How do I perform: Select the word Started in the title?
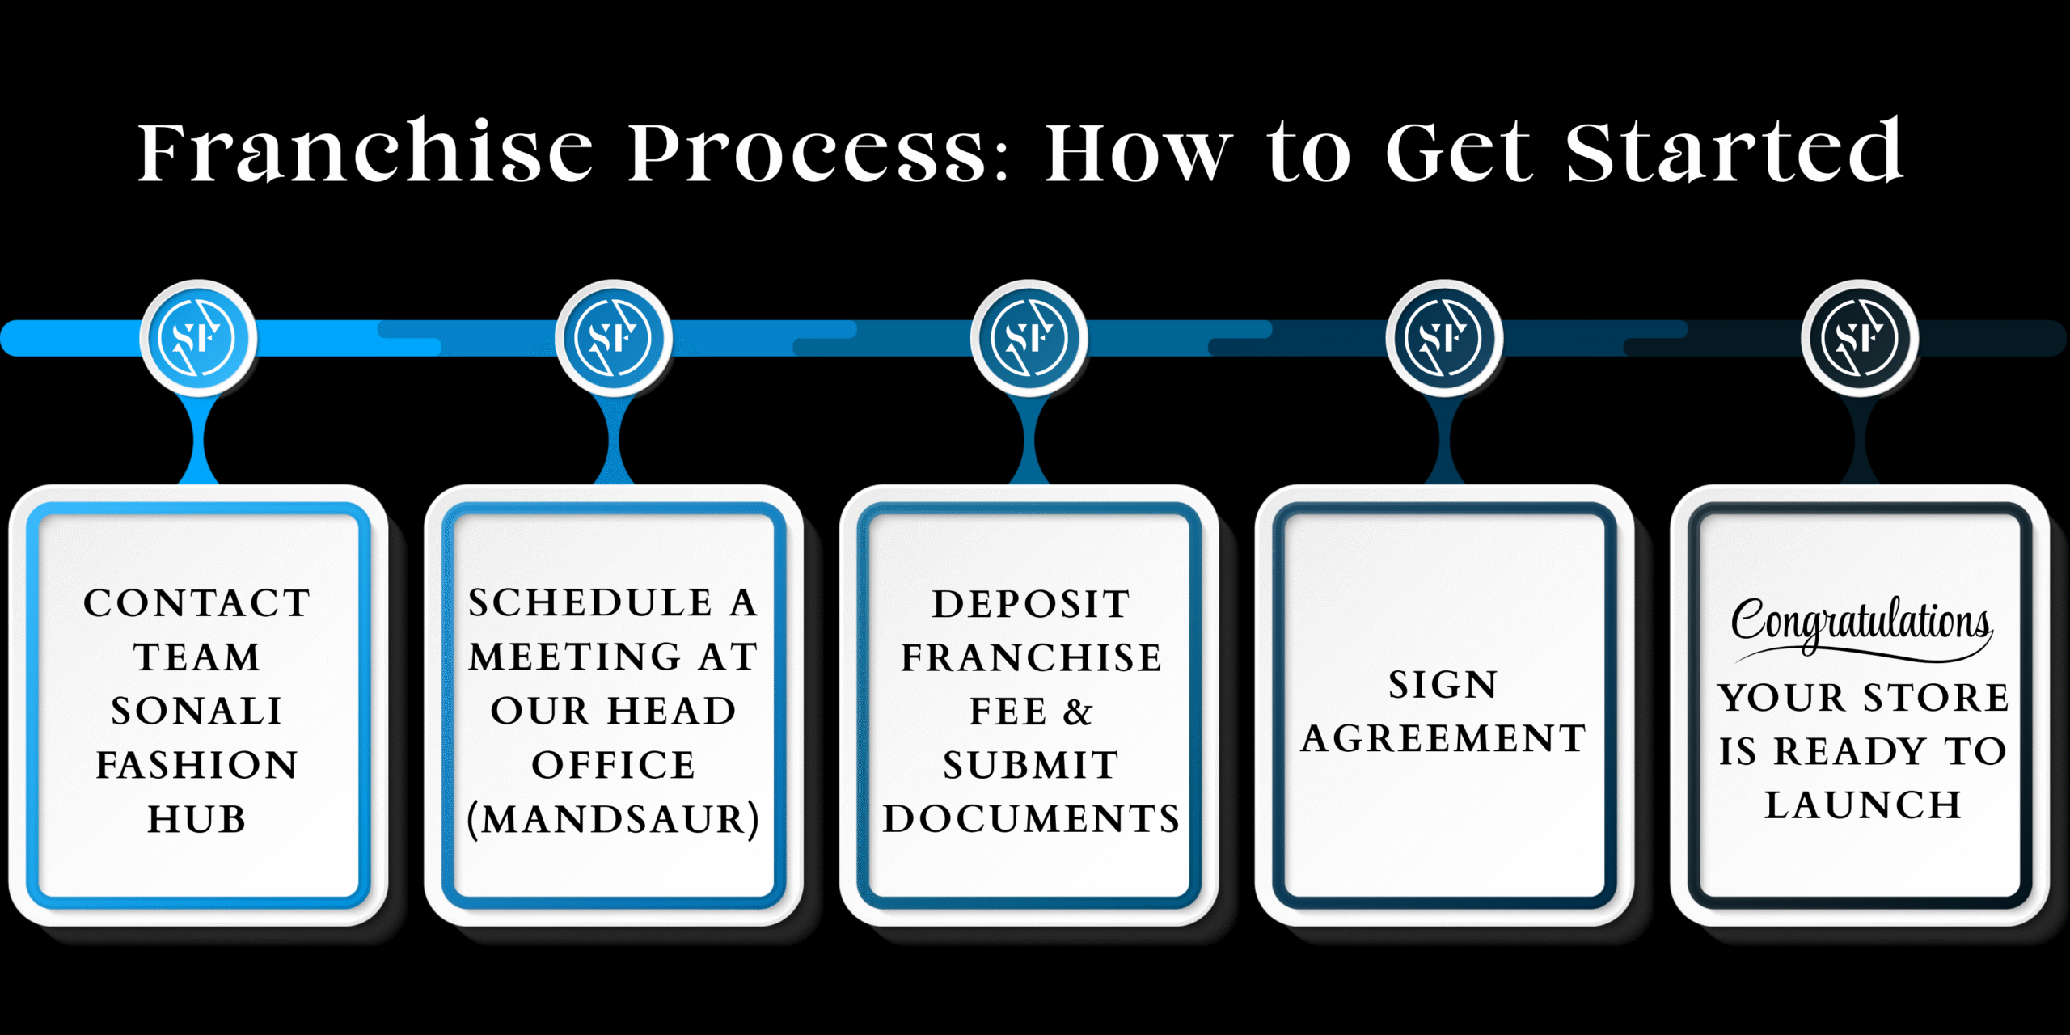(x=1734, y=152)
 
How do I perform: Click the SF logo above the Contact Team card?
(x=198, y=338)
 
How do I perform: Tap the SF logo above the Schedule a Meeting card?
(x=614, y=338)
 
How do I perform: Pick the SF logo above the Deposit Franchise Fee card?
(x=1029, y=338)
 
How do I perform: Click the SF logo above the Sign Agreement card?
(x=1444, y=338)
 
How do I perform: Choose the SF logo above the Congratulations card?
(x=1860, y=338)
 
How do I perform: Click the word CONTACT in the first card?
(x=197, y=603)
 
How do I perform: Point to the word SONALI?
(x=197, y=712)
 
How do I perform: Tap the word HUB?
(x=197, y=819)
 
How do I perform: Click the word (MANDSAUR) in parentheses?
(x=614, y=819)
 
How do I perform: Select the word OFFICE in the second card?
(x=614, y=765)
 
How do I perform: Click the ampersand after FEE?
(x=1078, y=712)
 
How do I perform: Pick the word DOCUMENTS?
(x=1031, y=819)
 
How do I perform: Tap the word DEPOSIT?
(x=1031, y=604)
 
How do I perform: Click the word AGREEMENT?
(x=1444, y=738)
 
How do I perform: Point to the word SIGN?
(x=1444, y=685)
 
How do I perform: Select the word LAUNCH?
(x=1863, y=805)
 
